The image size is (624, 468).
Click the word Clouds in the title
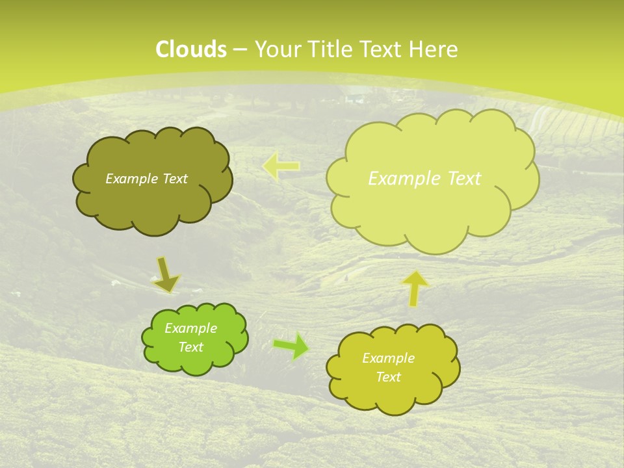tap(191, 49)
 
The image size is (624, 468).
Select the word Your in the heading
tap(277, 49)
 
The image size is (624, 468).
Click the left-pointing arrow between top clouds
tap(281, 166)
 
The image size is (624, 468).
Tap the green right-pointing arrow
tap(291, 346)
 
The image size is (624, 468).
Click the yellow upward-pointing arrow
tap(415, 288)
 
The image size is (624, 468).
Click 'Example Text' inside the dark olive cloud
tap(146, 179)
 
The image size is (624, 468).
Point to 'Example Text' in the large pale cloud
tap(424, 179)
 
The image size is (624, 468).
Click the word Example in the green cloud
tap(190, 328)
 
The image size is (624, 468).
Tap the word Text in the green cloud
tap(190, 347)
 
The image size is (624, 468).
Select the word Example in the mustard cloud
tap(388, 358)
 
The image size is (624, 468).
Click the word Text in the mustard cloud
tap(388, 377)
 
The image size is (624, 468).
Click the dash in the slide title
tap(239, 49)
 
